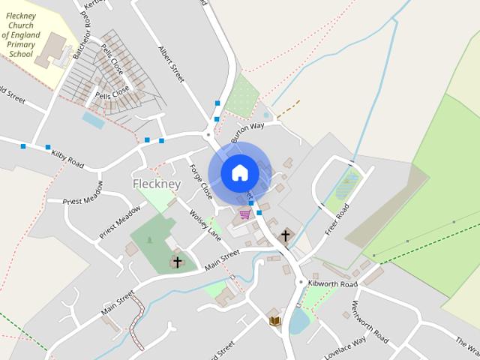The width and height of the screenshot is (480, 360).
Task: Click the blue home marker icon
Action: [240, 172]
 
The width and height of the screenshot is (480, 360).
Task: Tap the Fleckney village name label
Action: [157, 184]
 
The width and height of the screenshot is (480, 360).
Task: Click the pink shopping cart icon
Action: [244, 214]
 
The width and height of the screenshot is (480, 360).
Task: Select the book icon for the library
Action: [274, 321]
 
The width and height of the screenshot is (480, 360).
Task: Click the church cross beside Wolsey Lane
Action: [177, 262]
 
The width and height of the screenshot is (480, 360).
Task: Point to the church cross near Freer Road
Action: [285, 236]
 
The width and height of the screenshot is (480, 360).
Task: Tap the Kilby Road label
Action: [67, 157]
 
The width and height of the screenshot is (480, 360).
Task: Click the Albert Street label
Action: [171, 64]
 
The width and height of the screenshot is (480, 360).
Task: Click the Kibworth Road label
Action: [337, 285]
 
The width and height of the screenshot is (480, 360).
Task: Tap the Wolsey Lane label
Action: [205, 224]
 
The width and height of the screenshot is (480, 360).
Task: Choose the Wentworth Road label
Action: [370, 322]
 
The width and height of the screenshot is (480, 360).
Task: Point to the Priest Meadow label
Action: [119, 222]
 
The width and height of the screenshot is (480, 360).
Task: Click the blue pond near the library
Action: [298, 322]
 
